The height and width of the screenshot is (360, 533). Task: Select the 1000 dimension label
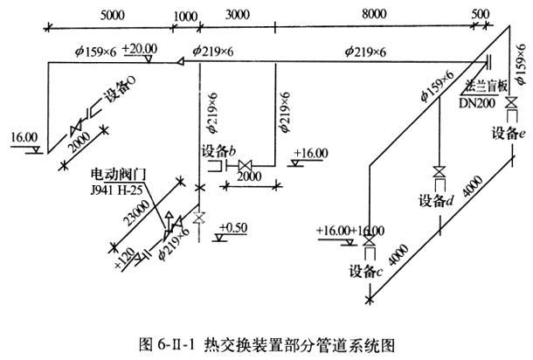tap(186, 16)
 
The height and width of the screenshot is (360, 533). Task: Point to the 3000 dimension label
tap(239, 16)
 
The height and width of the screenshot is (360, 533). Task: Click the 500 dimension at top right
tap(480, 16)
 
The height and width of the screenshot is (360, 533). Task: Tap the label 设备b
tap(219, 149)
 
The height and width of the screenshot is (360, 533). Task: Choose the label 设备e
tap(507, 133)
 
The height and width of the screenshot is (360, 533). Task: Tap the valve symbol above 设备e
tap(510, 101)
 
